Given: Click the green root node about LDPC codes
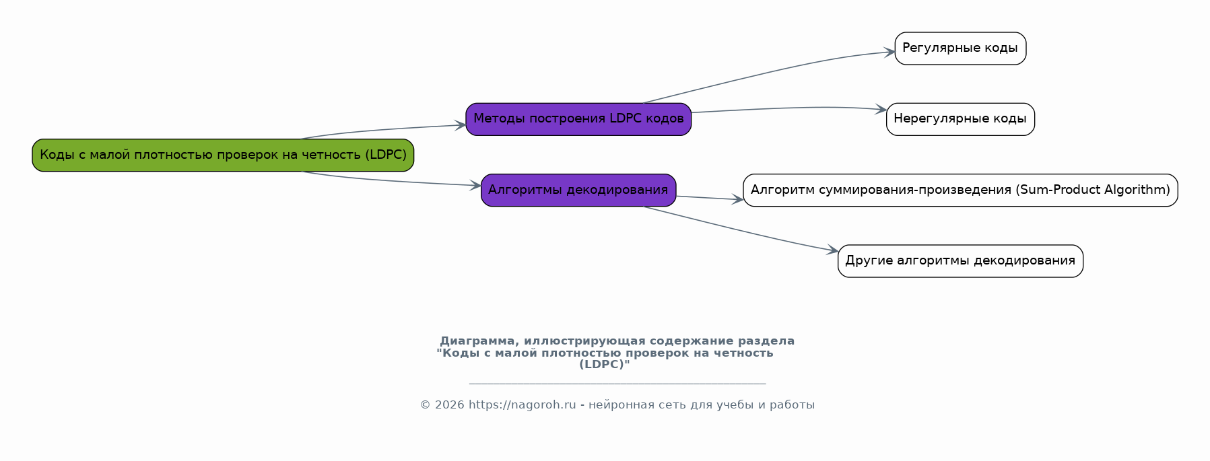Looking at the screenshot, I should [x=223, y=155].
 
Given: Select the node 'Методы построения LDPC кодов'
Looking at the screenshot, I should [x=578, y=119].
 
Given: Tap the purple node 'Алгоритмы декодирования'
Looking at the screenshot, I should [x=578, y=190].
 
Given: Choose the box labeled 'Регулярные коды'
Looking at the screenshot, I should [x=960, y=48].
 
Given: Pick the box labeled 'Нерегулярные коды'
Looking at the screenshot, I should [x=960, y=119].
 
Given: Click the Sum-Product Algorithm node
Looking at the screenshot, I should [x=960, y=190].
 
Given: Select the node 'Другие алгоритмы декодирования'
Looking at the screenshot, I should [x=960, y=261].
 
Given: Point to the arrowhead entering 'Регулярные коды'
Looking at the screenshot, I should [x=890, y=52].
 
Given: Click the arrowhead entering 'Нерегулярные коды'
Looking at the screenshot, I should [x=881, y=110].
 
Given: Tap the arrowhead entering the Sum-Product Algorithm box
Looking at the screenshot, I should [x=738, y=199].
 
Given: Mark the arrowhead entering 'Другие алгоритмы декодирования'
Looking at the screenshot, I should [x=833, y=251].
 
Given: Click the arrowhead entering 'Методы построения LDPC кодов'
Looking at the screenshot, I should [x=461, y=125].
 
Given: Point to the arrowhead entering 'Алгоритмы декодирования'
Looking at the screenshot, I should [x=476, y=185].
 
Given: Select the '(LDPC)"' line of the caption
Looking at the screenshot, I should [x=605, y=364].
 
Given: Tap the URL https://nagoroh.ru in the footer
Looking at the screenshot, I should [x=522, y=404].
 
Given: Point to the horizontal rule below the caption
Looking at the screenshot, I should [x=617, y=384].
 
